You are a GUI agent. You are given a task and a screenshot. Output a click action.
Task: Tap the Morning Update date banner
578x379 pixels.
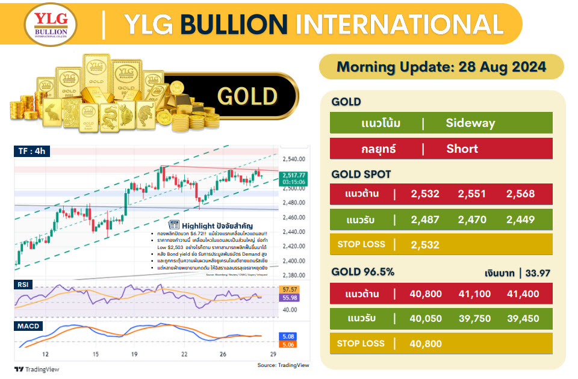click(441, 67)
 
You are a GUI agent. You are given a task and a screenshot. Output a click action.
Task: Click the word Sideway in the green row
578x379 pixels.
click(470, 123)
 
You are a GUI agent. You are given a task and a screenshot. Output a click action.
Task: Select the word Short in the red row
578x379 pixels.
click(462, 149)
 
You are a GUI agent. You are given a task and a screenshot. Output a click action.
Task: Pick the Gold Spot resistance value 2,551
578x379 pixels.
click(472, 194)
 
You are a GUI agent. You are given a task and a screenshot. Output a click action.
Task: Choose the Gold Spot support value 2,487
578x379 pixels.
click(425, 220)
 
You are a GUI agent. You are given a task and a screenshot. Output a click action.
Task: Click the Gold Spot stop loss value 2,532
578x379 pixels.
click(425, 245)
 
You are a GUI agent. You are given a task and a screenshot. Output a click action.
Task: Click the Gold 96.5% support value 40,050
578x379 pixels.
click(425, 319)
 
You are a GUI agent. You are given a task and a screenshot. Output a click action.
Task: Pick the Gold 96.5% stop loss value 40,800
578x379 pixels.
click(425, 344)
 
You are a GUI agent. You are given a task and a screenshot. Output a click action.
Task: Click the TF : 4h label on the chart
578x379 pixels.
click(32, 152)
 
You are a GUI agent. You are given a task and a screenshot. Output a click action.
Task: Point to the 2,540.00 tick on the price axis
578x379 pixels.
click(293, 159)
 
